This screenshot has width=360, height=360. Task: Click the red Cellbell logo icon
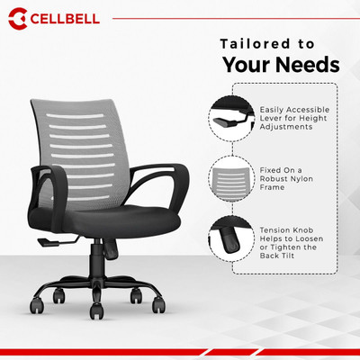tap(18, 19)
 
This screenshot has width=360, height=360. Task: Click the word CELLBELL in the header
tap(65, 19)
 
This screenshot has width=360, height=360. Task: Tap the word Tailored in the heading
tap(255, 44)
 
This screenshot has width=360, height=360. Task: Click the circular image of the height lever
tap(231, 118)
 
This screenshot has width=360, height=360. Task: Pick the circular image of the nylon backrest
tap(231, 179)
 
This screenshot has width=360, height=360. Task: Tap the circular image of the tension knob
tap(231, 238)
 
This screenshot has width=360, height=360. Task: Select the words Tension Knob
tap(286, 230)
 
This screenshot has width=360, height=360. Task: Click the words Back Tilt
tap(276, 256)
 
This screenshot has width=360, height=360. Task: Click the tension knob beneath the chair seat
tap(111, 249)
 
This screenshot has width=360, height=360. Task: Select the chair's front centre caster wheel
tap(96, 310)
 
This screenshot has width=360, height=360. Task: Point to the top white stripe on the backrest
tap(75, 116)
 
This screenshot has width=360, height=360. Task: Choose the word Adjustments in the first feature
tap(286, 127)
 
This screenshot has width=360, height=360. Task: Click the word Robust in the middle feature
tap(273, 179)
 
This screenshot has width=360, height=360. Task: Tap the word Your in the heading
tap(247, 65)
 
